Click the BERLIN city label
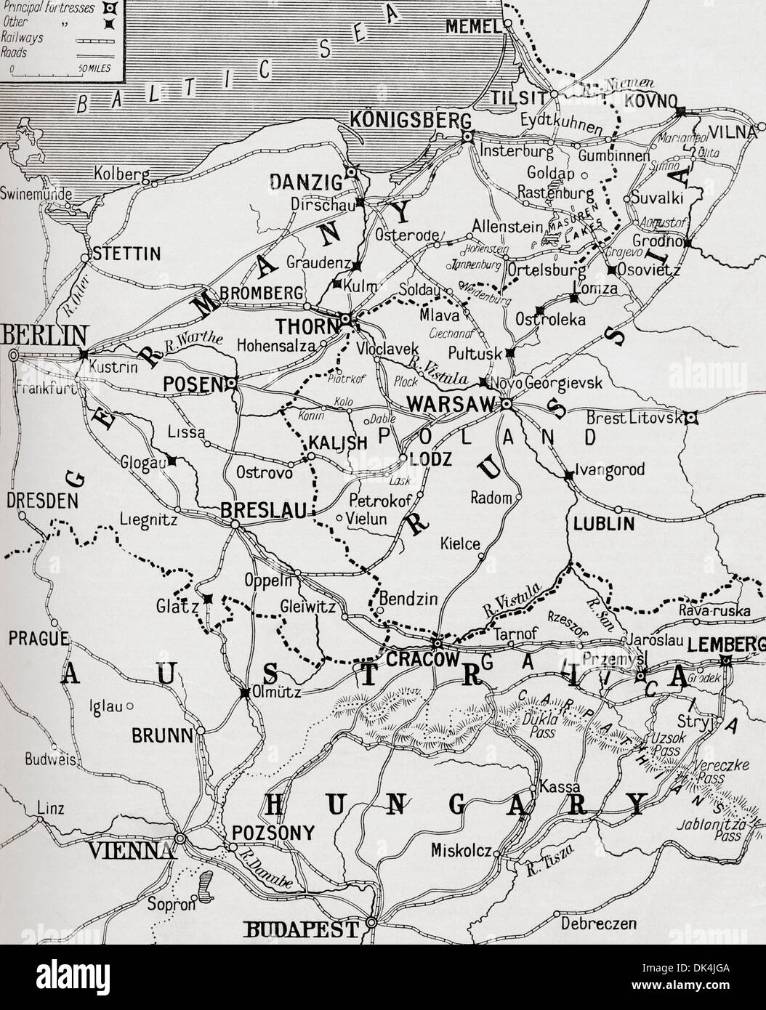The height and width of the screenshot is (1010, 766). pyautogui.click(x=45, y=335)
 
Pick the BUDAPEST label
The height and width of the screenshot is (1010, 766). pyautogui.click(x=304, y=929)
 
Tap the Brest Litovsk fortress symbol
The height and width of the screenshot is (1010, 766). pyautogui.click(x=692, y=417)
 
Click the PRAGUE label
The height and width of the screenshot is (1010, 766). pyautogui.click(x=38, y=638)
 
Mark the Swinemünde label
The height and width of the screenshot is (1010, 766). pyautogui.click(x=36, y=194)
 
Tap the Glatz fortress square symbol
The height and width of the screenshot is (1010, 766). pyautogui.click(x=208, y=599)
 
